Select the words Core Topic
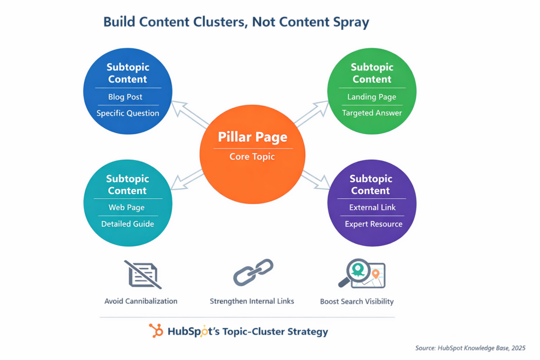point(252,157)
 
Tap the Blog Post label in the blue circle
point(126,97)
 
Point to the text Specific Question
point(128,113)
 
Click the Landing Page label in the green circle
point(372,97)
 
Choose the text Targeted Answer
point(372,113)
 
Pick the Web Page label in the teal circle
point(127,208)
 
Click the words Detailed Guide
point(128,224)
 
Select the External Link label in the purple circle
point(372,208)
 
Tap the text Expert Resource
point(373,224)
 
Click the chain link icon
point(253,273)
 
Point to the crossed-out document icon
point(143,274)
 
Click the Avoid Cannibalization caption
point(141,301)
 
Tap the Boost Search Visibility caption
point(356,302)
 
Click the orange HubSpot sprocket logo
point(156,331)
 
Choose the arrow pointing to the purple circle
point(316,179)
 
